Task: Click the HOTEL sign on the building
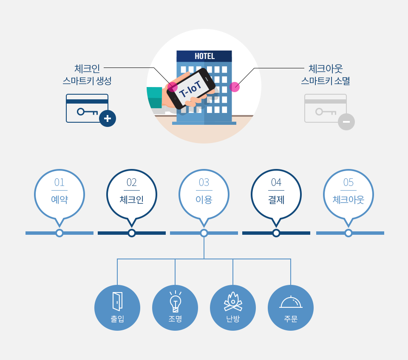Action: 204,56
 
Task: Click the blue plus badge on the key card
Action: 108,118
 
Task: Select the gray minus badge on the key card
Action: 346,122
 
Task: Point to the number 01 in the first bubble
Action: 59,183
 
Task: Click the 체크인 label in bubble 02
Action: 132,200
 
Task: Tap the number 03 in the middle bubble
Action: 204,183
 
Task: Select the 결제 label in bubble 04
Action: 276,200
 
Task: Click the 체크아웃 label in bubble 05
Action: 348,200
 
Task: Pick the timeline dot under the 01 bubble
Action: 59,233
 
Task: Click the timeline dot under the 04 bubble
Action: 276,233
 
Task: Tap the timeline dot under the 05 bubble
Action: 348,233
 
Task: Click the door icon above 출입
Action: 117,301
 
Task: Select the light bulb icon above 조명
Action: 175,302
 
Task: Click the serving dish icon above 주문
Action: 291,302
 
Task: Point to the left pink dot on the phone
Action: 172,87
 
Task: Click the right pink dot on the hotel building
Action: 235,87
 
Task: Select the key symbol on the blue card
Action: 87,112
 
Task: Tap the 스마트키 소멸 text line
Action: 326,80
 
